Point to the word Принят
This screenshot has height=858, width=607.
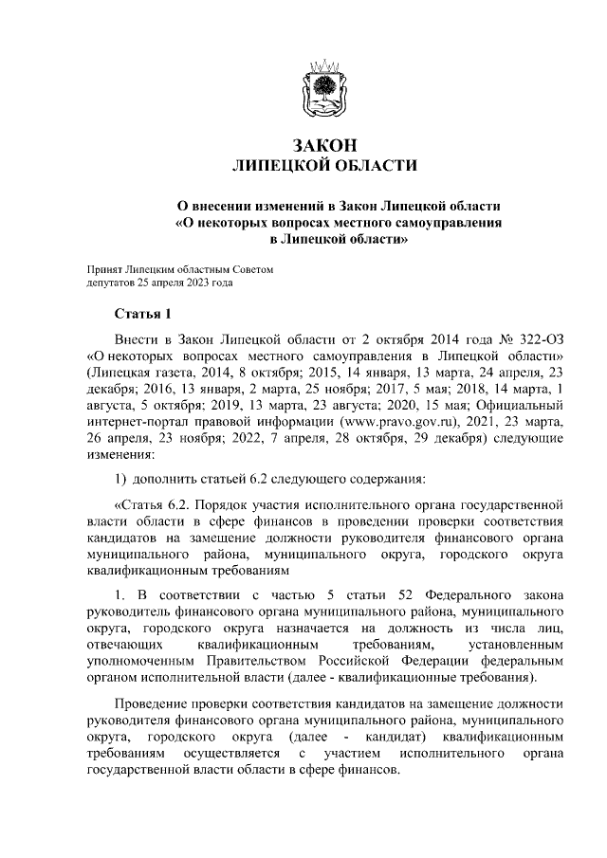coord(104,270)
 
